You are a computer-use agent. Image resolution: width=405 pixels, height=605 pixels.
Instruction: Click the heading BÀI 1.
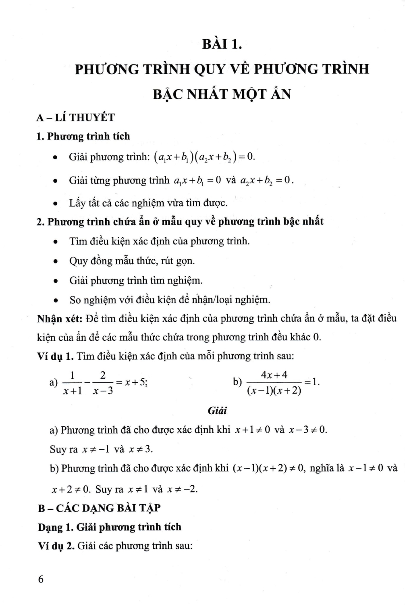pyautogui.click(x=222, y=44)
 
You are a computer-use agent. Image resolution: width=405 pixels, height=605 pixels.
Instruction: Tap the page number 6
pyautogui.click(x=40, y=579)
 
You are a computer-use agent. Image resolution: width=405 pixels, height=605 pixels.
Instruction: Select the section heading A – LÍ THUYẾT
pyautogui.click(x=75, y=117)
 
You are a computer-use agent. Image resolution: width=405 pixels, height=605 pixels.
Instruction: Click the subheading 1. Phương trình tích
pyautogui.click(x=83, y=136)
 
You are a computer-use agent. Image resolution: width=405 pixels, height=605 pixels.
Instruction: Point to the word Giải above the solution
pyautogui.click(x=217, y=411)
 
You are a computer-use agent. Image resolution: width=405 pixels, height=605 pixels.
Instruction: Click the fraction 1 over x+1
pyautogui.click(x=73, y=383)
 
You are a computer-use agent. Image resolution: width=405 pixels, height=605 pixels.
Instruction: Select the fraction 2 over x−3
pyautogui.click(x=103, y=383)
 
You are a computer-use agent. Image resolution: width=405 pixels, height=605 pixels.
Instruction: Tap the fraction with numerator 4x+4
pyautogui.click(x=274, y=383)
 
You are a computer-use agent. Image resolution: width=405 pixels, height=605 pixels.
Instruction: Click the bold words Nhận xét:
pyautogui.click(x=60, y=319)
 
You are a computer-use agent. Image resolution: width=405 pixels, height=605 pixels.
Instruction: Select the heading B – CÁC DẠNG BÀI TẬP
pyautogui.click(x=99, y=508)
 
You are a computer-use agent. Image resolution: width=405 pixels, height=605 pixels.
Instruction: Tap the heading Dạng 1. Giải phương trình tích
pyautogui.click(x=110, y=527)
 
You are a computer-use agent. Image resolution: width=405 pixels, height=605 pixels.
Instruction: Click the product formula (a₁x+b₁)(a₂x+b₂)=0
pyautogui.click(x=204, y=157)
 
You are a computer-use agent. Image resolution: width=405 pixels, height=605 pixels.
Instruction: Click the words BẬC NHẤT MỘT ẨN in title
pyautogui.click(x=222, y=94)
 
